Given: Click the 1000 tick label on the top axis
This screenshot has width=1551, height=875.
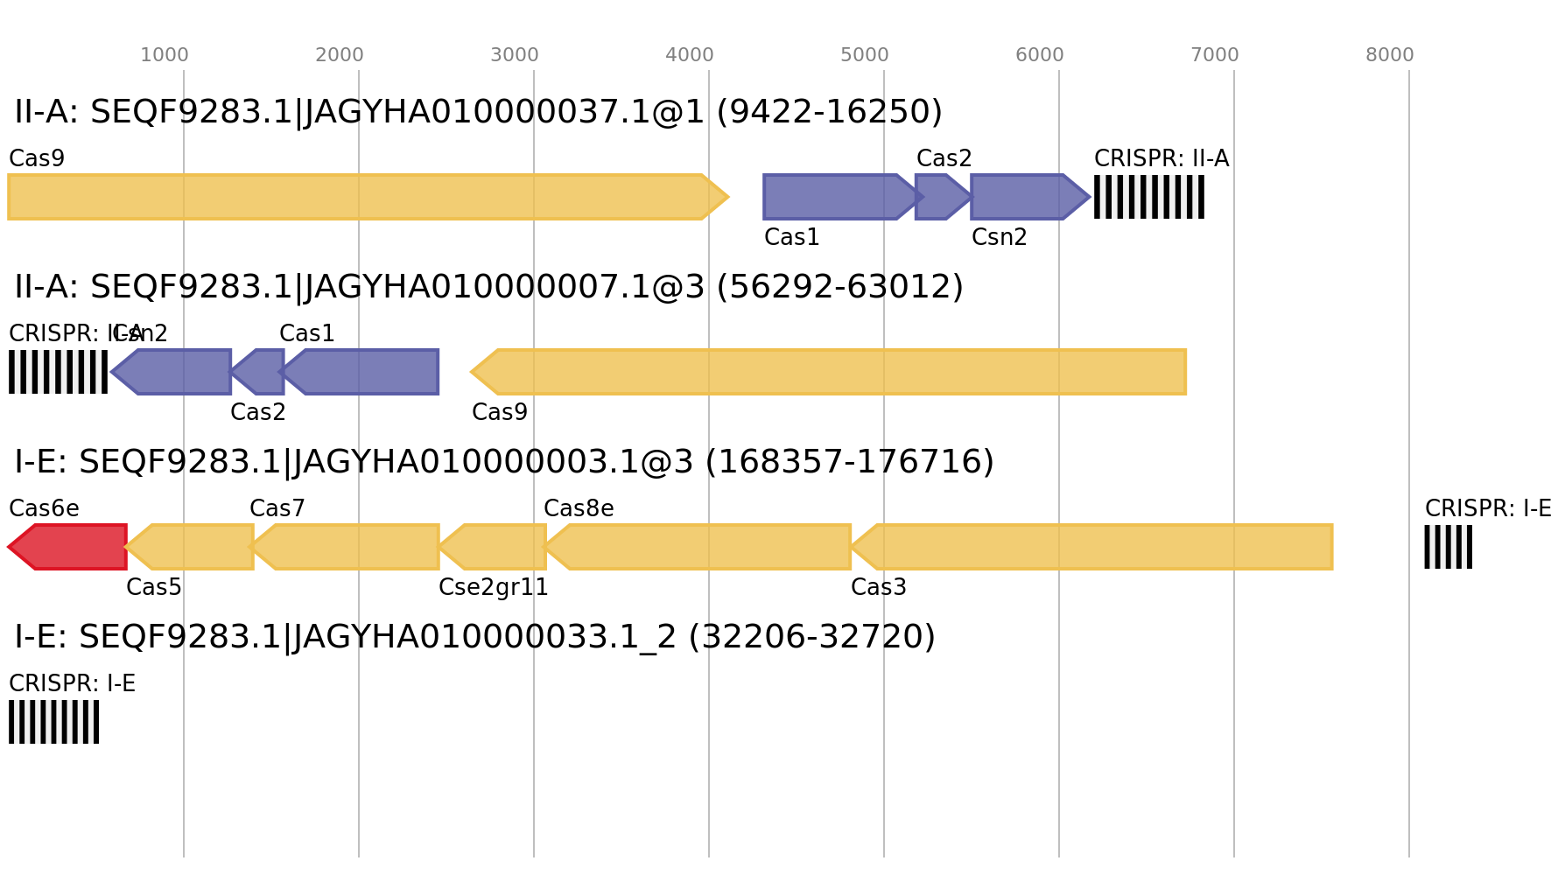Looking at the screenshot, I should (165, 55).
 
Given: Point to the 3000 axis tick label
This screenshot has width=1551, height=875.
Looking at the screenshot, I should (515, 55).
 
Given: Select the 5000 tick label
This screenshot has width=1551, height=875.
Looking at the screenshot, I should (865, 55).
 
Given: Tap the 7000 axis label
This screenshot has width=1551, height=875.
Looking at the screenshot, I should (1215, 55).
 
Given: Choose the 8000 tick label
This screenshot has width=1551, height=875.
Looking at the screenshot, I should (1390, 55).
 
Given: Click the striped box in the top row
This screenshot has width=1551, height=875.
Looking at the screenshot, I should (1149, 197).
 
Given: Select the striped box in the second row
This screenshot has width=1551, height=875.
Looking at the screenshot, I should (58, 372).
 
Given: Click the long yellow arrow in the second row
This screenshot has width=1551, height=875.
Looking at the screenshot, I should (832, 372).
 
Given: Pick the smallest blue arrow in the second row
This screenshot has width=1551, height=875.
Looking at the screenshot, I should (259, 372).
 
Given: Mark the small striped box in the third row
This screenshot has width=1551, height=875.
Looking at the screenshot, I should (1448, 547).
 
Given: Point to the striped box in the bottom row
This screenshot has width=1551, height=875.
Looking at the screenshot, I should (53, 722).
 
